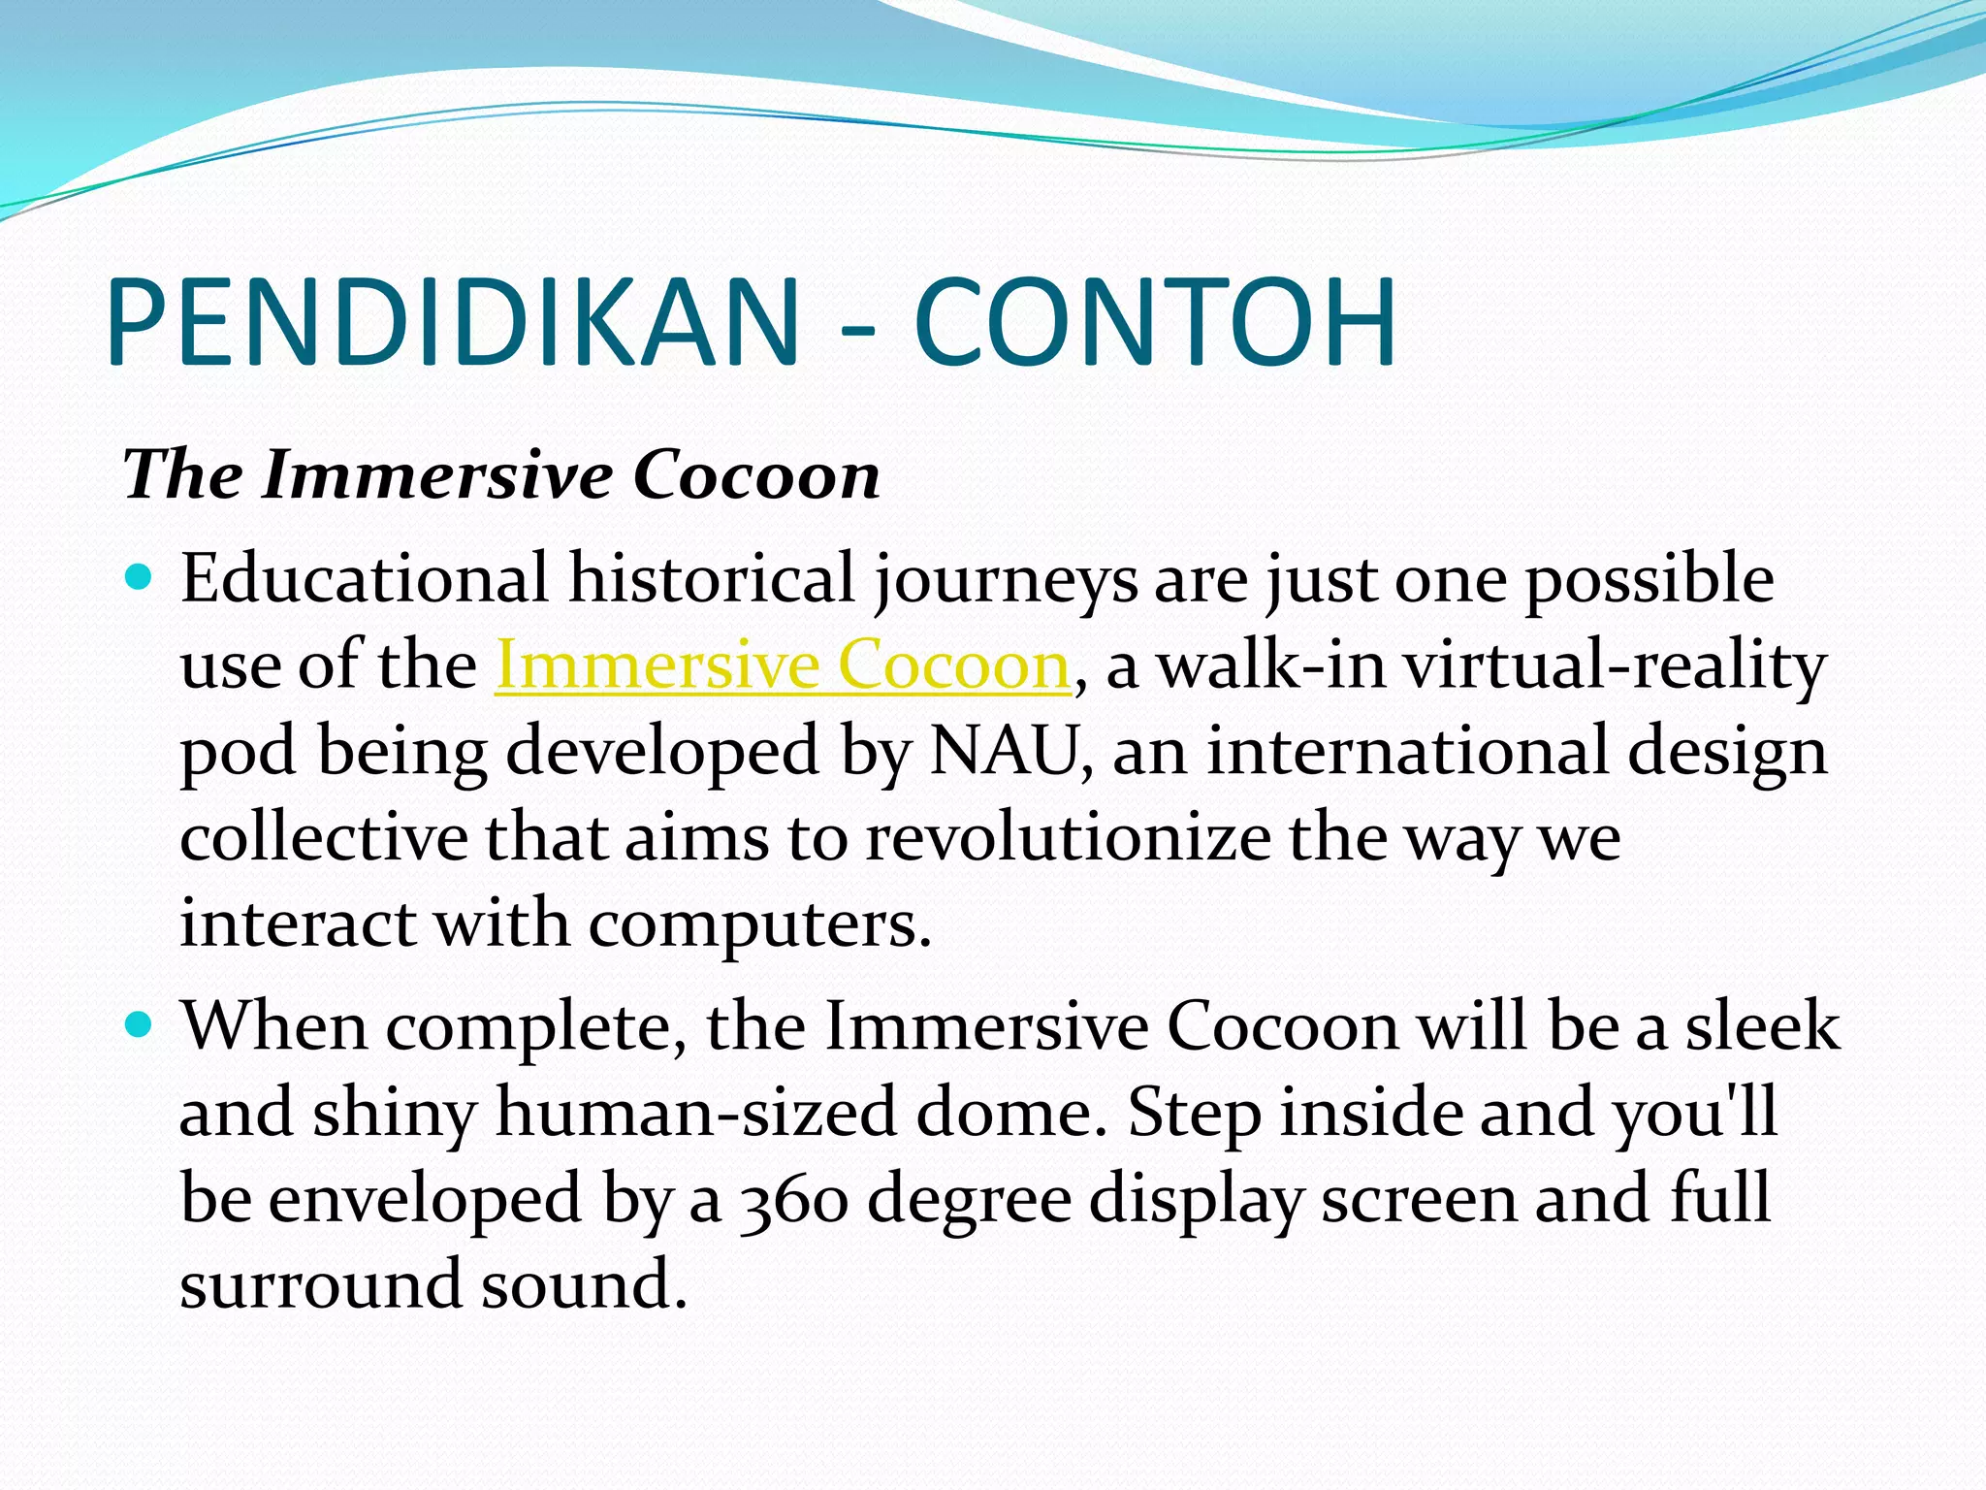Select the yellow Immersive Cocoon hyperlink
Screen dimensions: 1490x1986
click(783, 665)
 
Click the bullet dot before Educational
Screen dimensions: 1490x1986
click(141, 578)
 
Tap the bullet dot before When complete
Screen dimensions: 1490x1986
click(141, 1024)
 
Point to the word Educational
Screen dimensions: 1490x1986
click(365, 579)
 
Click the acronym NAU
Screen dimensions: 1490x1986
click(1005, 752)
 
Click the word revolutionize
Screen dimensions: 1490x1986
click(1068, 838)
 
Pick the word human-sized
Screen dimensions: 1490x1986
click(695, 1113)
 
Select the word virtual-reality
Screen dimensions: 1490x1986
click(1615, 666)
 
